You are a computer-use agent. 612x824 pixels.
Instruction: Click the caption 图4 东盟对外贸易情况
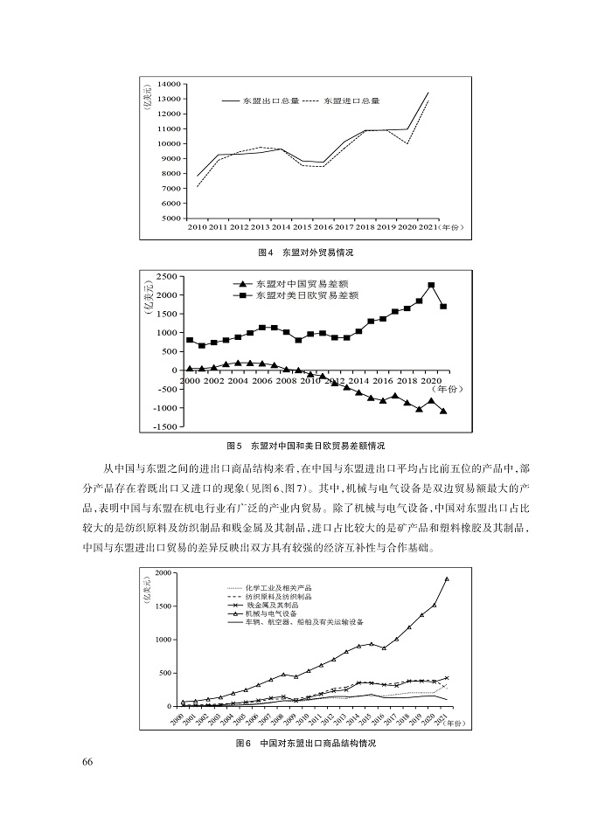pos(305,252)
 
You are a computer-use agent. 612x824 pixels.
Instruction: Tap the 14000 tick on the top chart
pos(169,84)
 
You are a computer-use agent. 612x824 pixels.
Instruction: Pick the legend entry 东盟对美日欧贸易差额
pos(307,297)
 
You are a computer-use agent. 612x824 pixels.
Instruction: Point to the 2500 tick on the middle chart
pos(166,275)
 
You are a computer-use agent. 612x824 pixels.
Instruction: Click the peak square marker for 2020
pos(431,285)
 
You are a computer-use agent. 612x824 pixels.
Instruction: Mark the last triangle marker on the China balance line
pos(443,411)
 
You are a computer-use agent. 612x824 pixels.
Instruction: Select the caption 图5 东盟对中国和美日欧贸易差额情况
pos(305,445)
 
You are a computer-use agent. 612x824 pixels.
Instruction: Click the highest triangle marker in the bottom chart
pos(447,578)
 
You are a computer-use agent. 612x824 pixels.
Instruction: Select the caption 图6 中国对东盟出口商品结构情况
pos(305,744)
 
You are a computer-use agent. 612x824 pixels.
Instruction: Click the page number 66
pos(87,762)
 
